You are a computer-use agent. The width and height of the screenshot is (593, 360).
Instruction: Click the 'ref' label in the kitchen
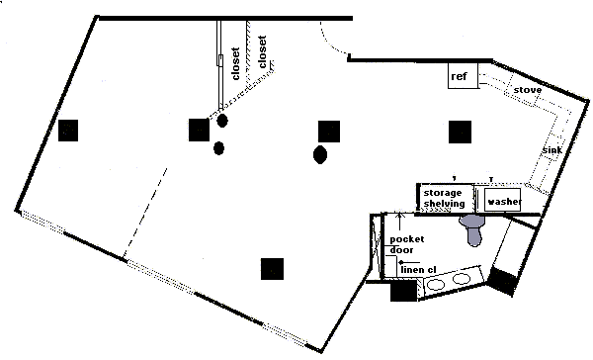459,76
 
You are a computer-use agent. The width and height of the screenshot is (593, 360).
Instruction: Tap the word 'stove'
528,90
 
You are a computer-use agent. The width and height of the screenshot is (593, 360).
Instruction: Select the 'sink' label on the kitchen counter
552,150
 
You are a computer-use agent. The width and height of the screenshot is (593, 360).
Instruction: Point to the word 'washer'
504,201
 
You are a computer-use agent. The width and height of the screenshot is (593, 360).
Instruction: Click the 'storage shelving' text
444,198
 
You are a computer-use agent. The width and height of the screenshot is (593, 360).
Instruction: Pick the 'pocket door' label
407,244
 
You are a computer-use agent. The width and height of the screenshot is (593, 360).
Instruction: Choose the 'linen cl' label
419,270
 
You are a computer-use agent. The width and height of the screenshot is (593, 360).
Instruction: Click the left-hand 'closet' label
235,63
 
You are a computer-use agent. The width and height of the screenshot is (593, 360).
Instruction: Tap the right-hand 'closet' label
262,51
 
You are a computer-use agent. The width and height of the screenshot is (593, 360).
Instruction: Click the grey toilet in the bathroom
472,228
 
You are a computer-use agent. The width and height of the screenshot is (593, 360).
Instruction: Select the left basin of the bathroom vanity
436,284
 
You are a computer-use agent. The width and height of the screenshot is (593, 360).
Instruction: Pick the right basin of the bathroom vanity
461,279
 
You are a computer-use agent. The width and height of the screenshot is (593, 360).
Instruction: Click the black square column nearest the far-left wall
68,131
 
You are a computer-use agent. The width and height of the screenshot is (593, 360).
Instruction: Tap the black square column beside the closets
199,130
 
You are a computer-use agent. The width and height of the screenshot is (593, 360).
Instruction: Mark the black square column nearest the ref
460,133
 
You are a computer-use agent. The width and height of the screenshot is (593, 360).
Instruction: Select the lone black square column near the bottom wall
273,269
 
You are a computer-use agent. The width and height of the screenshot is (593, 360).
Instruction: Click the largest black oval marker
320,154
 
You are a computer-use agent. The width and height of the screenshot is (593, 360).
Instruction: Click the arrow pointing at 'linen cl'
409,262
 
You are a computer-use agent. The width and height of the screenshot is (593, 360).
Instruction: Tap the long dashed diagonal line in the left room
145,212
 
